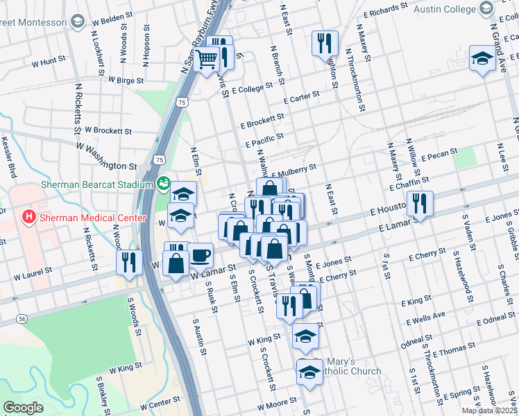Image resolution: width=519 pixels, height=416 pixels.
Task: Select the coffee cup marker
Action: [x=200, y=255]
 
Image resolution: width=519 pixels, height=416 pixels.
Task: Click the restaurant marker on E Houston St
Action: [x=419, y=202]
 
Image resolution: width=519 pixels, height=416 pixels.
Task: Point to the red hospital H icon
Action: [x=28, y=217]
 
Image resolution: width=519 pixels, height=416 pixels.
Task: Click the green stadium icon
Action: [x=164, y=184]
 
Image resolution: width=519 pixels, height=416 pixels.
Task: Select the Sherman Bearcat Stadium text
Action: [x=96, y=185]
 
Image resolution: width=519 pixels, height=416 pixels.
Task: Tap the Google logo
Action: [x=23, y=407]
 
